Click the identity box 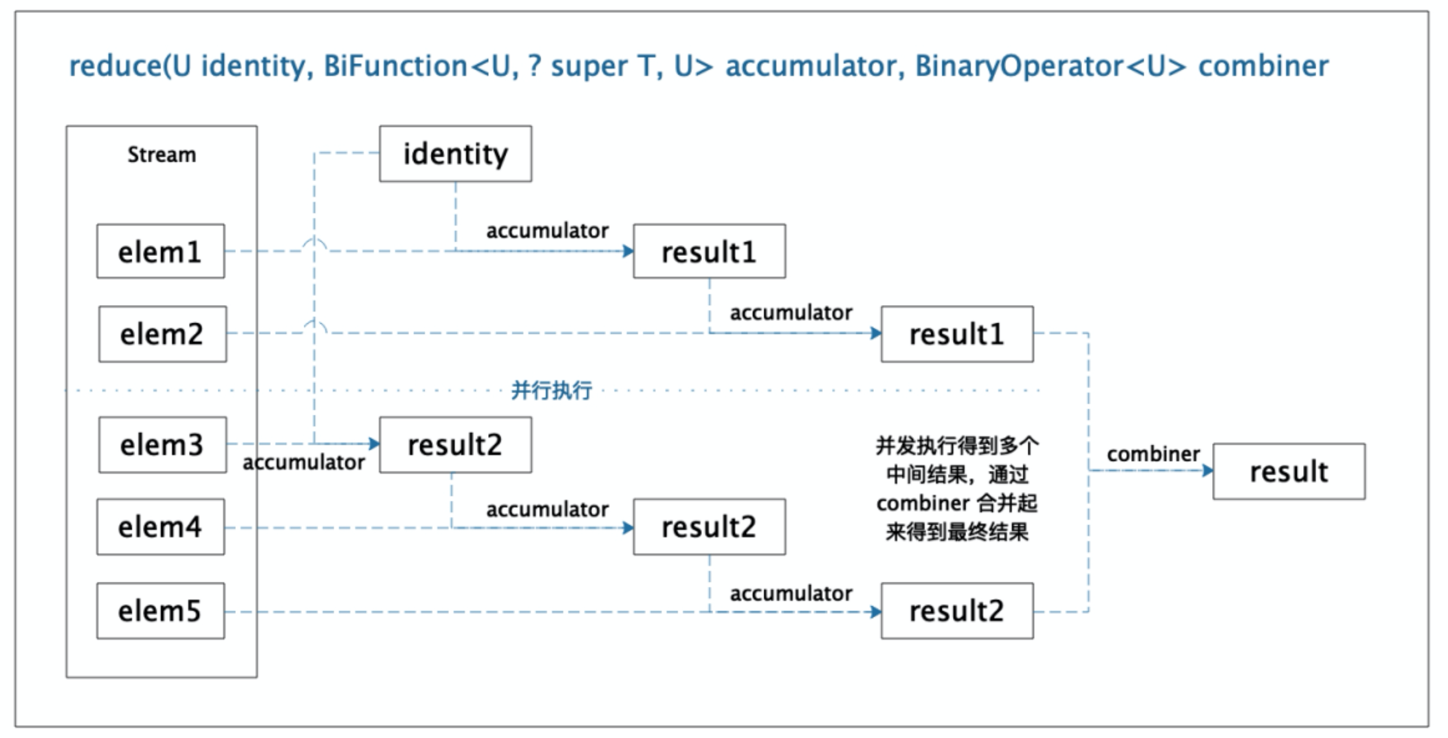click(x=455, y=154)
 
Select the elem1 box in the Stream click(x=161, y=251)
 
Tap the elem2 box click(x=162, y=334)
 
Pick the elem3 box click(x=162, y=445)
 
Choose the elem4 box click(x=161, y=527)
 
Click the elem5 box click(x=161, y=611)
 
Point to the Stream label click(x=162, y=155)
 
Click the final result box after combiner click(x=1288, y=471)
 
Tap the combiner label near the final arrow click(x=1153, y=454)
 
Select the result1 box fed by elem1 click(x=709, y=251)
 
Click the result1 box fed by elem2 click(x=957, y=334)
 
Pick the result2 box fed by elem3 click(x=455, y=445)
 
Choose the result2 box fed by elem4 click(x=709, y=527)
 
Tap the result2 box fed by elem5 click(x=957, y=611)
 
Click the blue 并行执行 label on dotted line click(x=551, y=391)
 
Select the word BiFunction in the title click(x=395, y=66)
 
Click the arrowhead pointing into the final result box click(x=1208, y=470)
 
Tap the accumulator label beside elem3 click(x=304, y=463)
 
